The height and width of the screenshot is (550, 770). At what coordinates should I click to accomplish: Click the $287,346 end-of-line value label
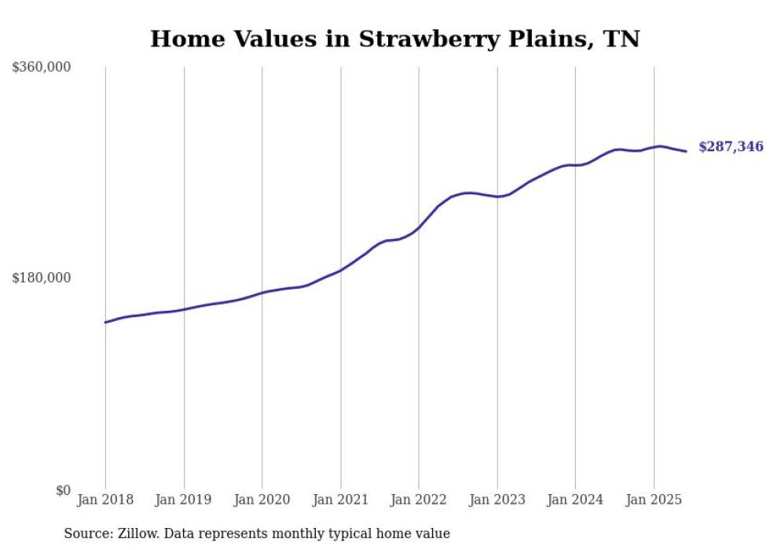[x=731, y=146]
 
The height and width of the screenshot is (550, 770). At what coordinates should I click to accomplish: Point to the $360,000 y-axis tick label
[x=42, y=68]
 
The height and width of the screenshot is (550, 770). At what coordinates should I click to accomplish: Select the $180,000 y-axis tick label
[x=42, y=278]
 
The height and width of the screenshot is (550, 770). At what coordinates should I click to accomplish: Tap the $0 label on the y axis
[x=63, y=490]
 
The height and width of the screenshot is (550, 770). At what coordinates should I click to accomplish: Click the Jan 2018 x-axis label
[x=105, y=500]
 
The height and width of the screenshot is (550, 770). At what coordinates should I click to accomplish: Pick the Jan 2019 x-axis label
[x=184, y=500]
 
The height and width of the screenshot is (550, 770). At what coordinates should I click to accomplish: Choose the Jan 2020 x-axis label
[x=262, y=500]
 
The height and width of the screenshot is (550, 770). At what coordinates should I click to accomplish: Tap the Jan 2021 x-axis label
[x=340, y=500]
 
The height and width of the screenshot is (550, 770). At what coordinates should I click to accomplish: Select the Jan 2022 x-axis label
[x=419, y=500]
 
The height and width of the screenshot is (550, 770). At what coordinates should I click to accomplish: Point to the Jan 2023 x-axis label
[x=497, y=500]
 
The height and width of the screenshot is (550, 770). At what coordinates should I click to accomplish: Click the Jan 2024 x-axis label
[x=575, y=500]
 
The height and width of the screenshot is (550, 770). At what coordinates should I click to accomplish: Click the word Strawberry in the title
[x=426, y=39]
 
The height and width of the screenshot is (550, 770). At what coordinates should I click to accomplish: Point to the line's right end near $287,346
[x=686, y=151]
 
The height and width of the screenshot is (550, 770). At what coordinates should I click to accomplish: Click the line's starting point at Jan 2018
[x=105, y=322]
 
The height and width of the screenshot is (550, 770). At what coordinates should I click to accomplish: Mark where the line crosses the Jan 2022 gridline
[x=419, y=227]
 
